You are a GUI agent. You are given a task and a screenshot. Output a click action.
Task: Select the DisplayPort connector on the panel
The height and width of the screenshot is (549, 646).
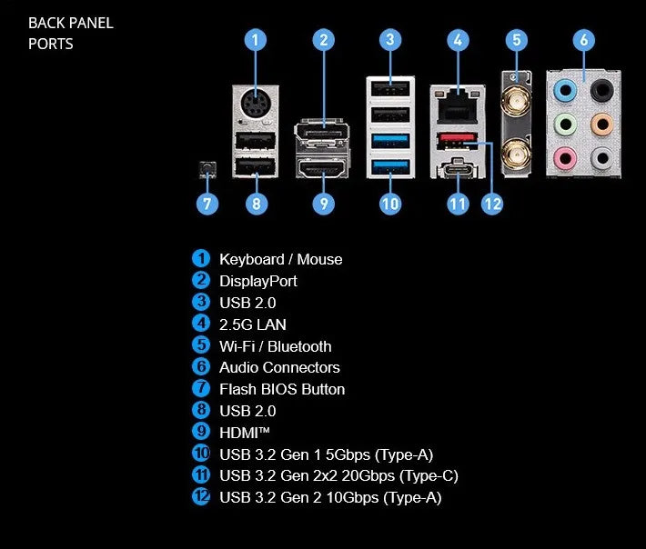tap(321, 133)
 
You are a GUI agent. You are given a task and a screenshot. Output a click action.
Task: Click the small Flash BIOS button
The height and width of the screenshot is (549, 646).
tap(207, 168)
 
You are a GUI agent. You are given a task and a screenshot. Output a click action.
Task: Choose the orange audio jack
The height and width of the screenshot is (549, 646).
tap(600, 124)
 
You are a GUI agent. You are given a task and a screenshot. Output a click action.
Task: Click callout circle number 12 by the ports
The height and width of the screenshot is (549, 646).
tap(491, 204)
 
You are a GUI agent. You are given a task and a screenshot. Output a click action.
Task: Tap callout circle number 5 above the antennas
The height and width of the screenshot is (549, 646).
tap(516, 40)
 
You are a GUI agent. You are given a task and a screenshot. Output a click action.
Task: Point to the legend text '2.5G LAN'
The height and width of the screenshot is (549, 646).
tap(253, 324)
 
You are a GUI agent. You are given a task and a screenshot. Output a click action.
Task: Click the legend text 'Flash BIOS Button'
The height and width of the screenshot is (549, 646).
tap(282, 389)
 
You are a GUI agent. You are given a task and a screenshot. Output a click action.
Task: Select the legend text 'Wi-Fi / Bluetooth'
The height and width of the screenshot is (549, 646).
tap(275, 346)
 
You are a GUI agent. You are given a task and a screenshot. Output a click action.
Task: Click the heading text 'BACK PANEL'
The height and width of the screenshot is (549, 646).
tap(71, 24)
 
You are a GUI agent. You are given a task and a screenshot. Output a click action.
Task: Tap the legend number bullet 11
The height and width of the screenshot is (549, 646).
tap(201, 475)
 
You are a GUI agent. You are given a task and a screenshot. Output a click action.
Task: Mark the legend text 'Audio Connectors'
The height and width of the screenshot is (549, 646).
tap(279, 367)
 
